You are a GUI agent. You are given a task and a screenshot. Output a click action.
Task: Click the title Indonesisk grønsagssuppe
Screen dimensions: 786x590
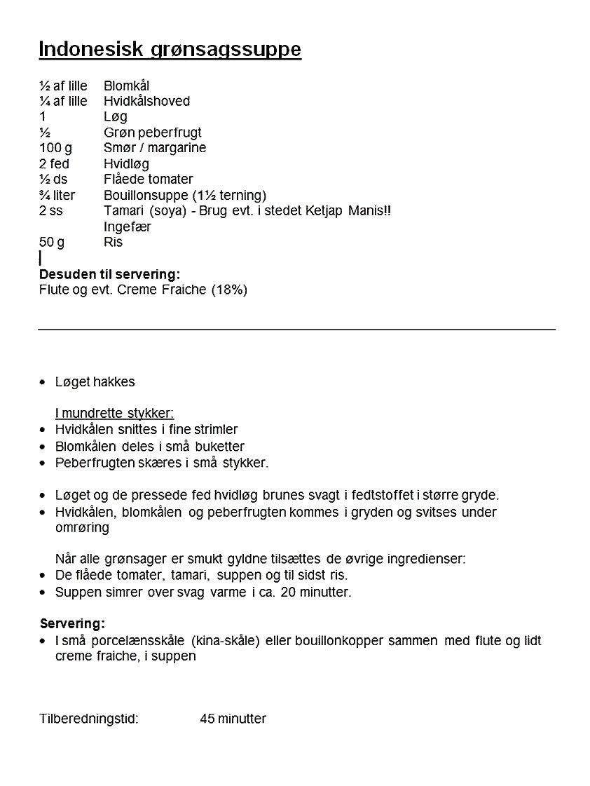click(170, 50)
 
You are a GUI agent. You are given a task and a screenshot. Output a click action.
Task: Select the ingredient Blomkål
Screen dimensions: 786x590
click(126, 86)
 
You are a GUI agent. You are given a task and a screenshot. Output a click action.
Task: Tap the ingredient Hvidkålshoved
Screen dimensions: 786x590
click(146, 102)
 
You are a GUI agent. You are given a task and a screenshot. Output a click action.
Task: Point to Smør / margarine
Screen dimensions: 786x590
click(155, 148)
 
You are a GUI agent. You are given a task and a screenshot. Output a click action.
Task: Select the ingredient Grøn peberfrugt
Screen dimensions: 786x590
click(152, 133)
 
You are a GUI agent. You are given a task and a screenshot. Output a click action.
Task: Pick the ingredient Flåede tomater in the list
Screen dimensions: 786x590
click(148, 179)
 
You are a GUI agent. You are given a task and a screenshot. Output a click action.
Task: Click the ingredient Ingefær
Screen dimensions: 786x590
click(128, 226)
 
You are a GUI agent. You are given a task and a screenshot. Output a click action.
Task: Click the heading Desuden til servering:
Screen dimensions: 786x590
click(109, 274)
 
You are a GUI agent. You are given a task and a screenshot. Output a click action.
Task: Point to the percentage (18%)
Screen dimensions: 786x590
click(229, 290)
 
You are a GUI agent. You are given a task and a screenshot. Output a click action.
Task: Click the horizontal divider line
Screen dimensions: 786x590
click(296, 329)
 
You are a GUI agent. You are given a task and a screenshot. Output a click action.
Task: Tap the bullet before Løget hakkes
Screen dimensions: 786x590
click(43, 382)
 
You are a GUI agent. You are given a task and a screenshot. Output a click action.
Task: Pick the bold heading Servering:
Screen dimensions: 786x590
click(72, 623)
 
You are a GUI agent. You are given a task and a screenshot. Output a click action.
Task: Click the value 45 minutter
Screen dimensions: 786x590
click(233, 719)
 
